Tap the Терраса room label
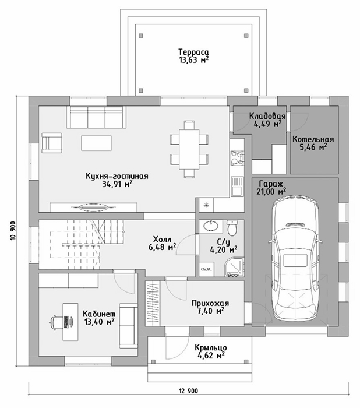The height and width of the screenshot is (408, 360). pyautogui.click(x=194, y=51)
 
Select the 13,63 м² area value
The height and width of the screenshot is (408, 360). pyautogui.click(x=194, y=59)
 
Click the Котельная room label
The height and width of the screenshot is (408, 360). pyautogui.click(x=313, y=139)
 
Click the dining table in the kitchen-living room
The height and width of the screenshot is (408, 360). pyautogui.click(x=188, y=148)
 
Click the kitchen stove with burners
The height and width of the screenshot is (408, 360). pyautogui.click(x=237, y=157)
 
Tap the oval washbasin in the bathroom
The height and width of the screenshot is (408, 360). pyautogui.click(x=211, y=226)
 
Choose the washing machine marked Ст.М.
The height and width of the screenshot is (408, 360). pyautogui.click(x=206, y=269)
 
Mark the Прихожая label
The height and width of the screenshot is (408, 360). pyautogui.click(x=210, y=303)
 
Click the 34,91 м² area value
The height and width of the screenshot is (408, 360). pyautogui.click(x=117, y=184)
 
